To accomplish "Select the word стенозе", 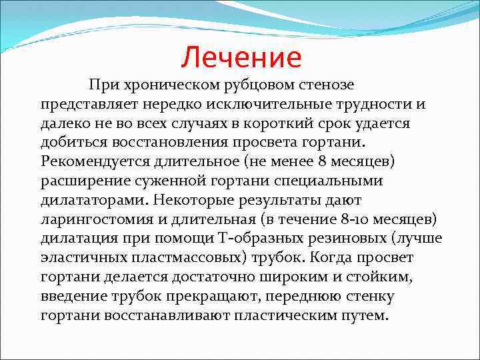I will [x=322, y=85].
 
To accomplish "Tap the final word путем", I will [x=365, y=315].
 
